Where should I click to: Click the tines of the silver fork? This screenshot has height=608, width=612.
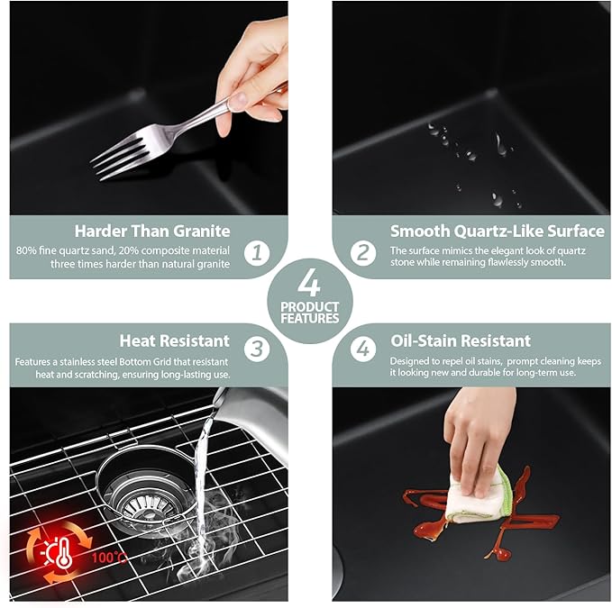[x=112, y=153]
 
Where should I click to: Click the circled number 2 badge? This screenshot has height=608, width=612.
[x=362, y=253]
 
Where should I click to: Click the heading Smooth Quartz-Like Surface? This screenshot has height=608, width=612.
[x=497, y=231]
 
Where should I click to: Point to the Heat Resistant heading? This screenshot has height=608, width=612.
[x=174, y=340]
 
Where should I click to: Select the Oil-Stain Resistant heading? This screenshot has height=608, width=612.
[x=461, y=340]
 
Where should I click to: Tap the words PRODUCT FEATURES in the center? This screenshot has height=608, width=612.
[x=309, y=313]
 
